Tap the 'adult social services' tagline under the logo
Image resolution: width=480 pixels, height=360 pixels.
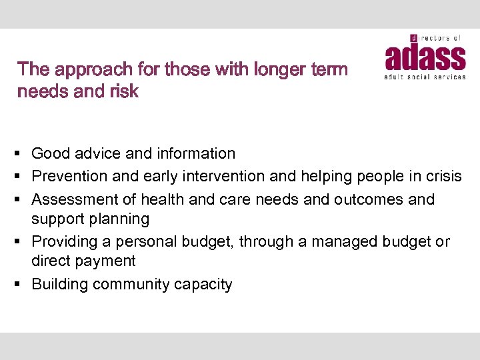point(425,77)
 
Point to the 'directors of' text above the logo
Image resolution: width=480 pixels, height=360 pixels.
point(436,39)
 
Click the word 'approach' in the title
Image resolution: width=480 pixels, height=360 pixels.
point(96,69)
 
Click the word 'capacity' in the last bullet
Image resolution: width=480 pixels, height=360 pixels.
point(203,285)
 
